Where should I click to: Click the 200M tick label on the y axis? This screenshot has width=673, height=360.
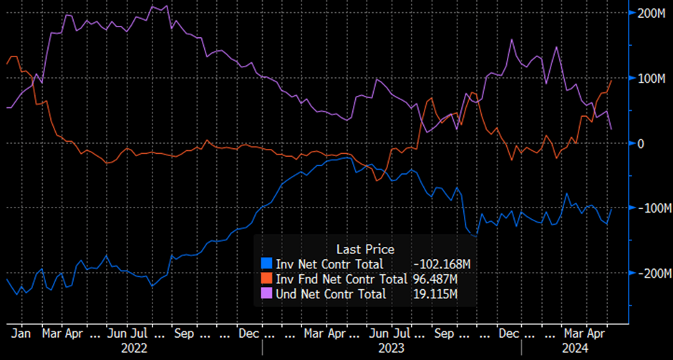649,14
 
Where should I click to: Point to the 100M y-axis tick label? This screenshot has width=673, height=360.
649,78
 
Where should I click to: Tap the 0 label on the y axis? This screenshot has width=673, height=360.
641,143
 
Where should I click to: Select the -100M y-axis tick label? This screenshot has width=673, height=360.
651,208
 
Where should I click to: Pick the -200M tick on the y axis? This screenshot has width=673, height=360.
651,273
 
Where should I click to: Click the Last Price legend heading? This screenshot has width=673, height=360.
365,249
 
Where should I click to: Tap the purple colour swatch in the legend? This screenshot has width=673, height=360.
268,293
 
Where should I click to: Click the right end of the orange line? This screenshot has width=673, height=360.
611,80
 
